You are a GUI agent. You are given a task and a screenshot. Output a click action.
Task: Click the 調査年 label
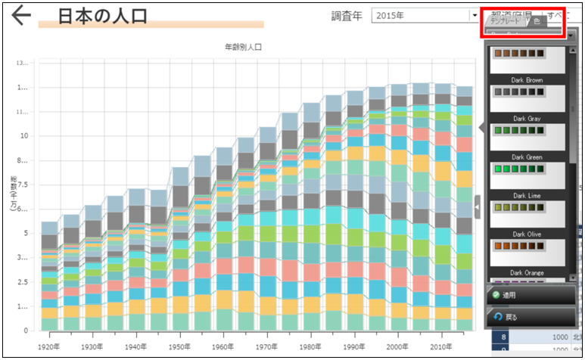point(347,16)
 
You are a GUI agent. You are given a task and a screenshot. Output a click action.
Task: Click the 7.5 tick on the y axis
point(23,185)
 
